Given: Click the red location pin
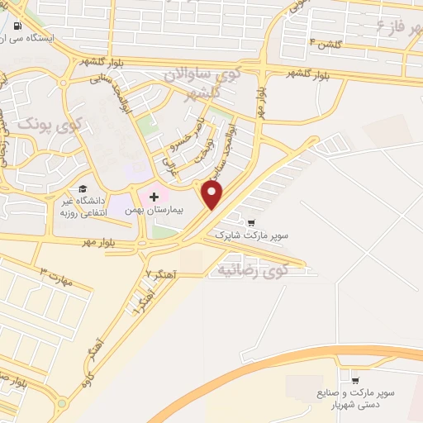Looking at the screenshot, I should [212, 194].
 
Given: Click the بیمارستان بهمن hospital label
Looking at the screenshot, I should [153, 211].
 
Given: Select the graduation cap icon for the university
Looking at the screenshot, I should [83, 189].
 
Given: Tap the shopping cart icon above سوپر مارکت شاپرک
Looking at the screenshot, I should [251, 221].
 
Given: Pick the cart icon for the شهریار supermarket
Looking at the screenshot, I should [354, 381].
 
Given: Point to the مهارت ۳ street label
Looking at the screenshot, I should [57, 276].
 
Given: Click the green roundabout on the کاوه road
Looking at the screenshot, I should [62, 405].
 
